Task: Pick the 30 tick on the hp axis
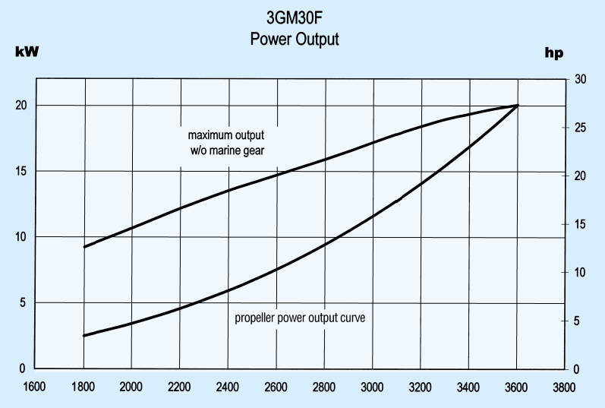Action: point(581,79)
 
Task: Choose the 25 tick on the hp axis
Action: point(581,127)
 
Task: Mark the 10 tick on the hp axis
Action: point(581,272)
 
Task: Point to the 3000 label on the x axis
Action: point(373,386)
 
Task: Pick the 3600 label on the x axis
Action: point(517,386)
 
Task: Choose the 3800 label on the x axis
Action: point(564,386)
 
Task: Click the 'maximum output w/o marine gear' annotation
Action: point(226,142)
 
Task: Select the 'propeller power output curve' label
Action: point(300,318)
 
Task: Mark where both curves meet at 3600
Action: point(517,106)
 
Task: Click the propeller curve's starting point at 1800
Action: point(85,335)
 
